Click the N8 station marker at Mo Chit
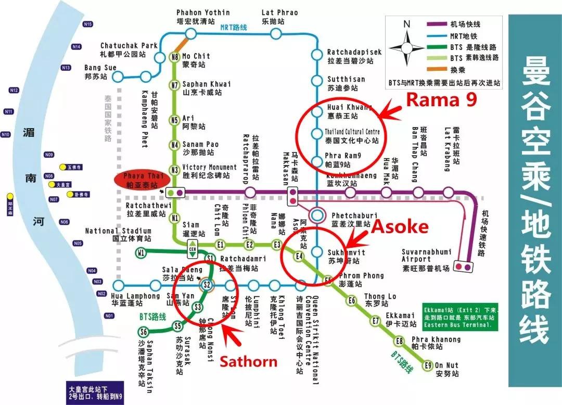click(175, 57)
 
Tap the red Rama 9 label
click(441, 99)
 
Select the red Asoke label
click(399, 226)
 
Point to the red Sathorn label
click(249, 361)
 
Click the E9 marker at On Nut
click(428, 365)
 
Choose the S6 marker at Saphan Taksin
click(143, 332)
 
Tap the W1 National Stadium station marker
click(140, 253)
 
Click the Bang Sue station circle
click(119, 77)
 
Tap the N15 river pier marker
click(87, 24)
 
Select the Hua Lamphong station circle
click(119, 285)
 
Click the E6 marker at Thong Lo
click(352, 300)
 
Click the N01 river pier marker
click(109, 316)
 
